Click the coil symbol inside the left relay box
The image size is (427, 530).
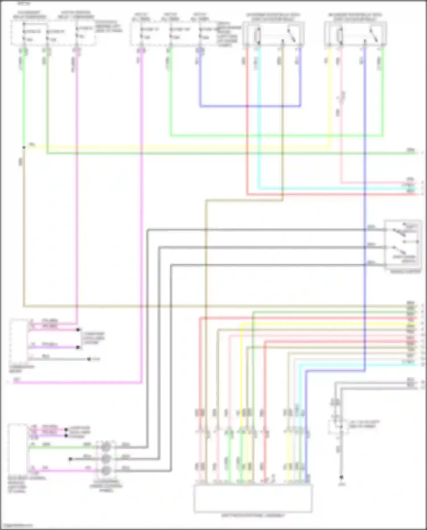coord(258,36)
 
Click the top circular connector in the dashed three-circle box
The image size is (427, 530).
coord(106,447)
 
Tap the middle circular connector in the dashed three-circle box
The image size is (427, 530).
coord(106,459)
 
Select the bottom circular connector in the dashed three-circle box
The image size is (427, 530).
coord(106,470)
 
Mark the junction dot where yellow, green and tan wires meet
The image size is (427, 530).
coord(24,148)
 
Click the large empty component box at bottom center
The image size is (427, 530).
coord(253,498)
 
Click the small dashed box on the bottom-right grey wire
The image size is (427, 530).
coord(338,427)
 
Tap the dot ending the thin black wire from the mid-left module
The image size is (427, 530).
coord(89,359)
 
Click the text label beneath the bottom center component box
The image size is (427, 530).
coord(253,515)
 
